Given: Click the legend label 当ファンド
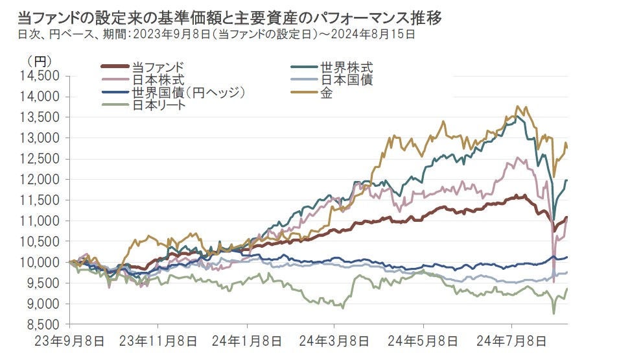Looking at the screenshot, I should point(157,67).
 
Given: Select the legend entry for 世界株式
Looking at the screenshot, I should point(346,67).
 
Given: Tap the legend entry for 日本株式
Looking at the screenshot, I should point(157,80).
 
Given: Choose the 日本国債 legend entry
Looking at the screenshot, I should point(346,80).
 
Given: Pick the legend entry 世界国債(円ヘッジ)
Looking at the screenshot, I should point(187,93).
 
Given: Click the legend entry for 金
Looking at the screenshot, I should point(326,93).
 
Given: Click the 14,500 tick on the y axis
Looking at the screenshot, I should point(40,75).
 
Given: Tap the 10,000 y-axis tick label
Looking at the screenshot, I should point(40,262).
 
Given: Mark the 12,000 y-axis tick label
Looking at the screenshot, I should point(40,179).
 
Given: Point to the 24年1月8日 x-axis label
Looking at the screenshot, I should point(246,341).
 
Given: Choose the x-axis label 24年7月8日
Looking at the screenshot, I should point(511,341).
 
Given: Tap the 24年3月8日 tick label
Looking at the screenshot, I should point(334,341).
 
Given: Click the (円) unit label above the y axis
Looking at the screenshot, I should point(36,61).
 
